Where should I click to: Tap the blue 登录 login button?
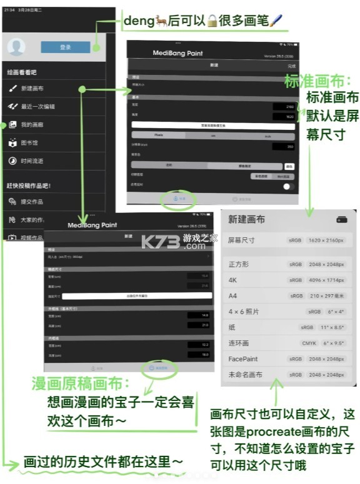pos(65,47)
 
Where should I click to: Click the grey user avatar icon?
pos(17,47)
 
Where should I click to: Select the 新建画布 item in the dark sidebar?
pos(32,89)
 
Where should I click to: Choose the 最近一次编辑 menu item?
pos(37,107)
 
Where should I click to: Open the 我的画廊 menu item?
pos(32,125)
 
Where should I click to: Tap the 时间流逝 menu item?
pos(32,161)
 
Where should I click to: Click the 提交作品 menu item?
pos(32,202)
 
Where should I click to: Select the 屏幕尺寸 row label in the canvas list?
pos(241,240)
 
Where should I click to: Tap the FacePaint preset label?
pos(243,359)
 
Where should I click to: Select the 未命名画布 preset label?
pos(245,375)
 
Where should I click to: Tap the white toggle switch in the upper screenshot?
pos(288,186)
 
